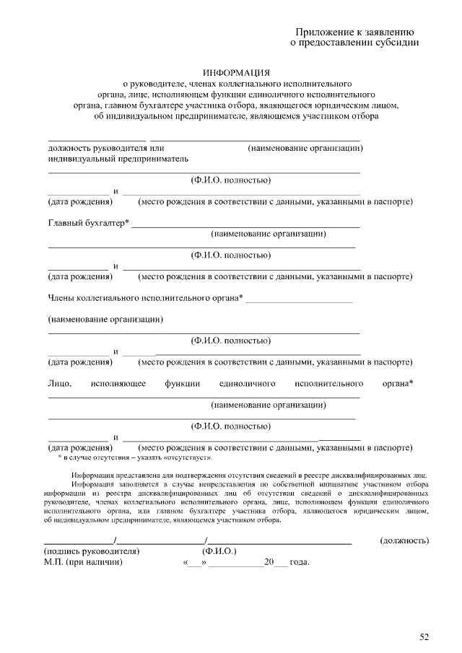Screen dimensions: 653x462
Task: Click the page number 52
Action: click(x=424, y=636)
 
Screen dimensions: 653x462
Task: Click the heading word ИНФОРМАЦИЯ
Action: click(x=236, y=73)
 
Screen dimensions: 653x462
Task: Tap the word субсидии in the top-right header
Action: click(x=394, y=43)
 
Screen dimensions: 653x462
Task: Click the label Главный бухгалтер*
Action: click(x=88, y=223)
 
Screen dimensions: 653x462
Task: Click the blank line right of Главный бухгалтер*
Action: click(x=245, y=227)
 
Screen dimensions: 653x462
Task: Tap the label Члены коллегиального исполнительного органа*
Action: click(x=145, y=297)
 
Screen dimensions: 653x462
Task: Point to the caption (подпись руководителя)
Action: click(x=91, y=551)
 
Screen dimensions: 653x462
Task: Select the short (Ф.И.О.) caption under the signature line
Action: click(x=219, y=551)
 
